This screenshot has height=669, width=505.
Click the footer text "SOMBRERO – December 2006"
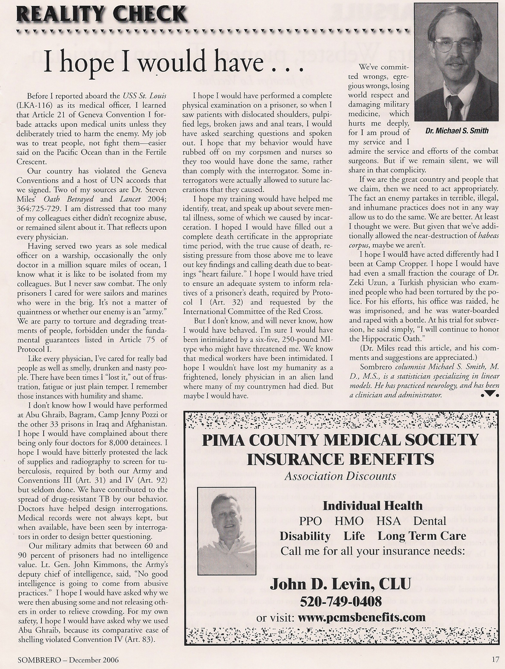click(x=68, y=661)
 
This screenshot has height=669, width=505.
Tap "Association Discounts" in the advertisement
click(x=340, y=476)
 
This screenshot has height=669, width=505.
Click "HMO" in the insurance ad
click(x=349, y=521)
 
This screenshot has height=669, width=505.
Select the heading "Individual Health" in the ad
click(x=373, y=506)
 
